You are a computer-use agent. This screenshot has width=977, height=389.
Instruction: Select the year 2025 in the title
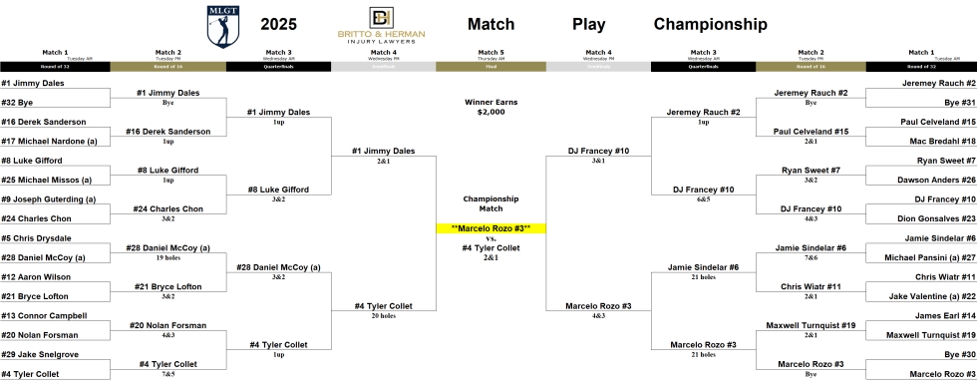278,24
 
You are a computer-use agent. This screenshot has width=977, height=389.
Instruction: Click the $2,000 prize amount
491,112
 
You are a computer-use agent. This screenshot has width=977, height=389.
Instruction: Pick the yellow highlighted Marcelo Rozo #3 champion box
491,228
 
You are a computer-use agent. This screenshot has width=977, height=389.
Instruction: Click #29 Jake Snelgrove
37,354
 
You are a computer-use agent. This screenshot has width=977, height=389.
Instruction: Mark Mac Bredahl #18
935,141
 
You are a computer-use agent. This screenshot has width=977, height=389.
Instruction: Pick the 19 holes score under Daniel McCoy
167,257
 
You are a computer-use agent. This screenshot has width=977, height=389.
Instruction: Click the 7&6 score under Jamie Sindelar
810,257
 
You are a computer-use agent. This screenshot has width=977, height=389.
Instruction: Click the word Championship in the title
711,24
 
